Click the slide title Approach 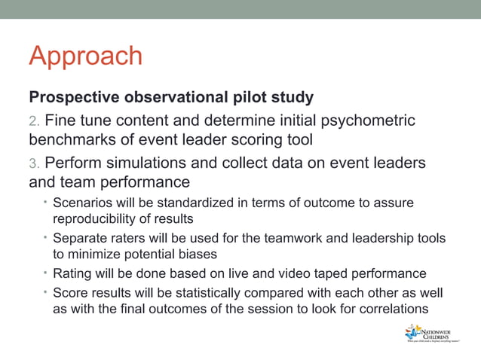(85, 56)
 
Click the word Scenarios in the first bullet (81, 203)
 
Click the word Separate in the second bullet (78, 239)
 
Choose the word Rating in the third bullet (70, 273)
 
